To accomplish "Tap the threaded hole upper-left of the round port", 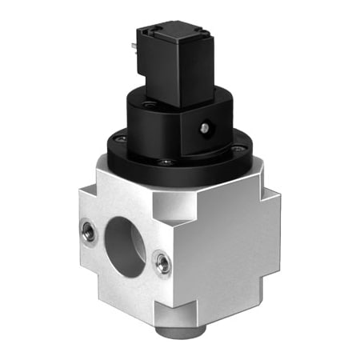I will (x=89, y=232).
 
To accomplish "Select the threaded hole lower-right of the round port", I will (x=162, y=262).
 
